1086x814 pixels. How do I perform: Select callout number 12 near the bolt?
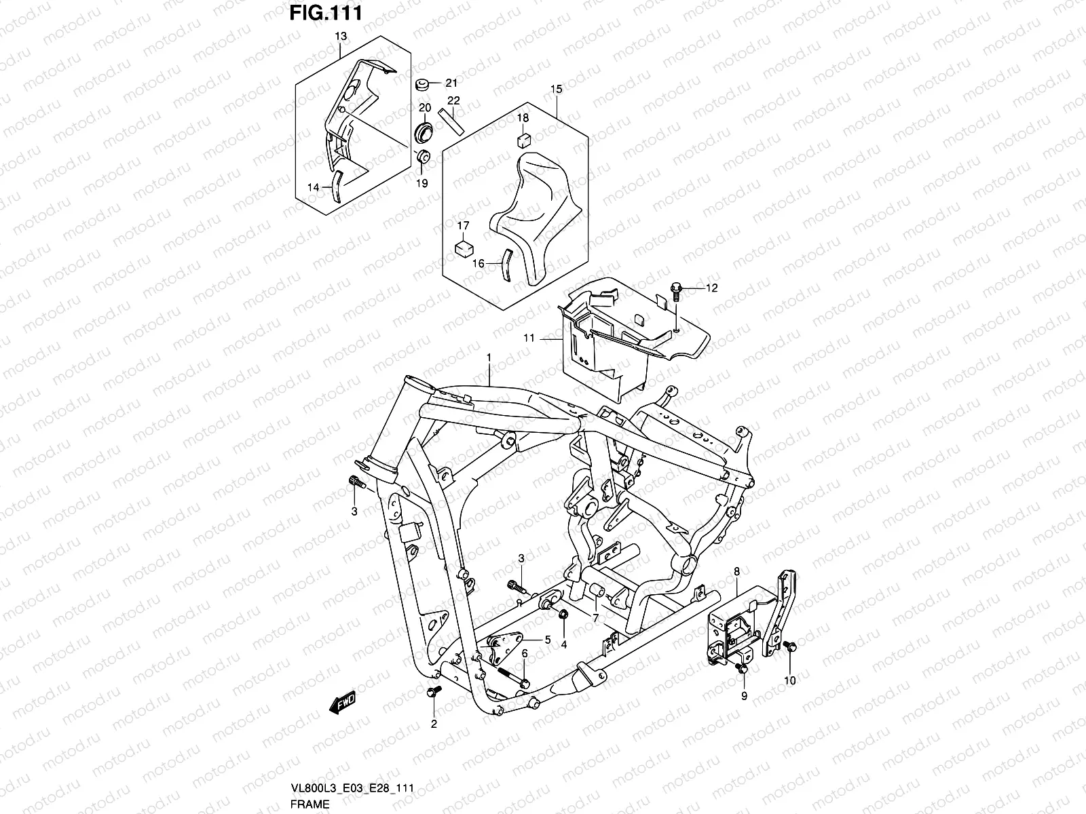[x=711, y=288]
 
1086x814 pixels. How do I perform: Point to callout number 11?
[x=529, y=338]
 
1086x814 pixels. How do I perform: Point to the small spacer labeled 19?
[x=422, y=158]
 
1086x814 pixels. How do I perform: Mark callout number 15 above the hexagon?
[x=556, y=90]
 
